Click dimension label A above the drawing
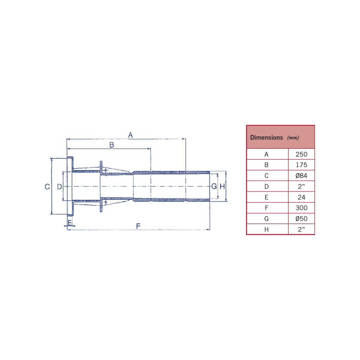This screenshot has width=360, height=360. [130, 135]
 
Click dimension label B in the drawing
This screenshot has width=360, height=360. [112, 145]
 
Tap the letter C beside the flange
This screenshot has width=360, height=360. [47, 187]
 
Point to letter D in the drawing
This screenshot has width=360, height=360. [59, 187]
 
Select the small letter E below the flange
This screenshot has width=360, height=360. [70, 223]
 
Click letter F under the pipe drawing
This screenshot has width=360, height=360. [138, 226]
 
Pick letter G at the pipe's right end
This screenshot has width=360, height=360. [214, 186]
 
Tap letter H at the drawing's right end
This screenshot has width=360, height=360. [222, 186]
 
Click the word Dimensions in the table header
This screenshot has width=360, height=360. [266, 137]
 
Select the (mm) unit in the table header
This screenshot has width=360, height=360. [293, 138]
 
